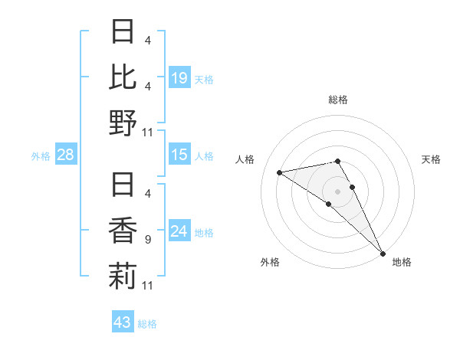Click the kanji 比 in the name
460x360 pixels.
pos(123,77)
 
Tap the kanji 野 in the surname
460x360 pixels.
pos(123,123)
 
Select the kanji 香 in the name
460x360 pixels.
pos(123,231)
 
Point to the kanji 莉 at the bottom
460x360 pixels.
pos(123,277)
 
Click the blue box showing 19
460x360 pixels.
pos(179,77)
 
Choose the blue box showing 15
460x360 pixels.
pos(179,155)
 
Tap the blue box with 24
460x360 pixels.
pos(179,231)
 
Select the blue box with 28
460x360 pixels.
pos(65,155)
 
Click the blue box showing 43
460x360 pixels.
pos(122,322)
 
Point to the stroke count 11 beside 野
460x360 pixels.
pos(147,133)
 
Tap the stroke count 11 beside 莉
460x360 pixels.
pos(147,286)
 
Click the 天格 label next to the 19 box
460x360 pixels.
pos(204,79)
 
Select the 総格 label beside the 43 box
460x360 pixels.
pos(147,324)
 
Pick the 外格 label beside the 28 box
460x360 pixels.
pos(41,156)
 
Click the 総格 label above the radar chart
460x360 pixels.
pos(338,100)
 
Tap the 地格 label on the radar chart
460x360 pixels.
pos(402,262)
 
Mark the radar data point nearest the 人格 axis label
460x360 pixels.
pos(280,172)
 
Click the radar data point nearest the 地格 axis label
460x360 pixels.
pos(383,254)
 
